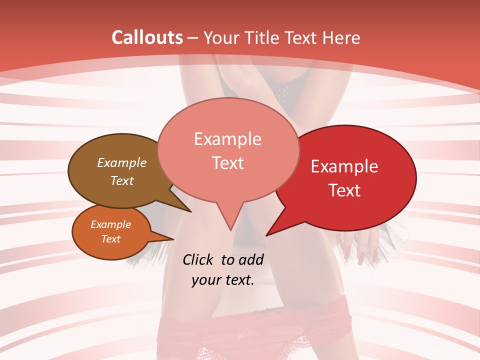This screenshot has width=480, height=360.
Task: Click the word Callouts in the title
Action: [x=147, y=37]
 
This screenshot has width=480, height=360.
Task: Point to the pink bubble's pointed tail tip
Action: [x=230, y=230]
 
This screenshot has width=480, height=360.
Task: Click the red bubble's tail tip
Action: [x=266, y=235]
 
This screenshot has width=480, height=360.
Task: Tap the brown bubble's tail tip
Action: [x=191, y=212]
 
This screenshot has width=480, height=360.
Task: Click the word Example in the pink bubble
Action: [x=227, y=139]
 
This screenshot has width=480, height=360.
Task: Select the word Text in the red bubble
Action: [x=345, y=190]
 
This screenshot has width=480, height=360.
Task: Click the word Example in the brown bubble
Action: [x=121, y=163]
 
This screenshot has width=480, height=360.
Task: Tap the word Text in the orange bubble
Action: [x=110, y=239]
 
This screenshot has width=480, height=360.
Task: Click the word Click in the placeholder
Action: [x=198, y=259]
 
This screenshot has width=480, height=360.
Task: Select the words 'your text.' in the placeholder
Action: [x=223, y=280]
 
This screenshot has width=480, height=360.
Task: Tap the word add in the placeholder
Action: [x=251, y=259]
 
